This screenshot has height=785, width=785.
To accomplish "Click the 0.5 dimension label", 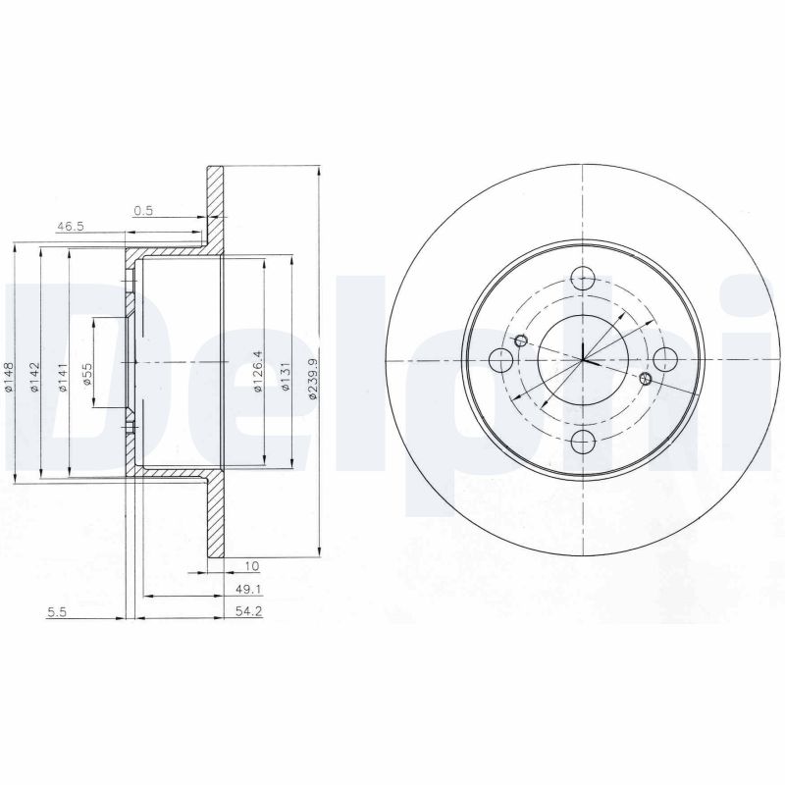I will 143,209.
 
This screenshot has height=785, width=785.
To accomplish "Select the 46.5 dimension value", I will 70,227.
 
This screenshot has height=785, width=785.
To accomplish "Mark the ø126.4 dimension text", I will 258,371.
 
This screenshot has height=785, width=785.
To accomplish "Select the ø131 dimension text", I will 285,376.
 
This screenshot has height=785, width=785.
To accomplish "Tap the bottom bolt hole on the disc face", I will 583,441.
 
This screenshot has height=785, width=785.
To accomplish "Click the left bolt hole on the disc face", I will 500,359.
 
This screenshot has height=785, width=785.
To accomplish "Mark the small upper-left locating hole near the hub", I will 521,340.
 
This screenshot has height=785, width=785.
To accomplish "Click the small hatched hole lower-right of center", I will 645,378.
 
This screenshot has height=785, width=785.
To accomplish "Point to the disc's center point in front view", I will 583,359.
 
